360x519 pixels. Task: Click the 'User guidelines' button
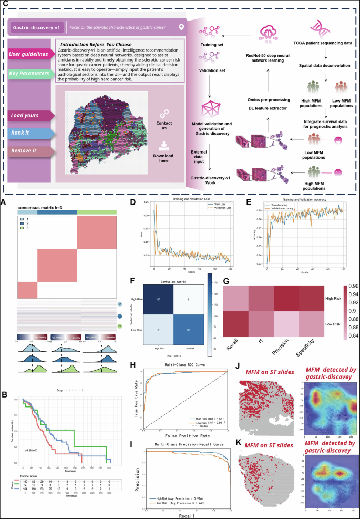(x=30, y=54)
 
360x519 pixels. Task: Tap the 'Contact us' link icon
(x=164, y=113)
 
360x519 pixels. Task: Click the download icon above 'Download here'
(x=164, y=145)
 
